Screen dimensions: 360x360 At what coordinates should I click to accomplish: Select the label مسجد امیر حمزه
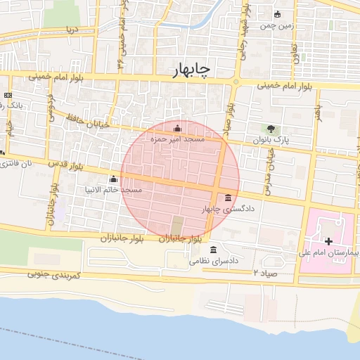click(x=178, y=140)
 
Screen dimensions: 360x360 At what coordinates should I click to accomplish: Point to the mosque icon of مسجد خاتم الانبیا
click(x=113, y=179)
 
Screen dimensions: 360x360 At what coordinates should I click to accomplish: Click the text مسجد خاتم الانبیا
click(x=113, y=190)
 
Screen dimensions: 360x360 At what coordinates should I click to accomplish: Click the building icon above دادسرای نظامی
click(x=213, y=249)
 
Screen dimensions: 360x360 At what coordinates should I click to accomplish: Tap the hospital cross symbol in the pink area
click(x=328, y=241)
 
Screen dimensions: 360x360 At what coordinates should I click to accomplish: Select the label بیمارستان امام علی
click(x=329, y=252)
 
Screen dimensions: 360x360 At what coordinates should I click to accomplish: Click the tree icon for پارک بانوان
click(x=271, y=129)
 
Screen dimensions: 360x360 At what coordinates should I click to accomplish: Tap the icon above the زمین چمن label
click(x=277, y=14)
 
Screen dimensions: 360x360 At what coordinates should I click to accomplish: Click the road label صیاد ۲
click(x=266, y=271)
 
